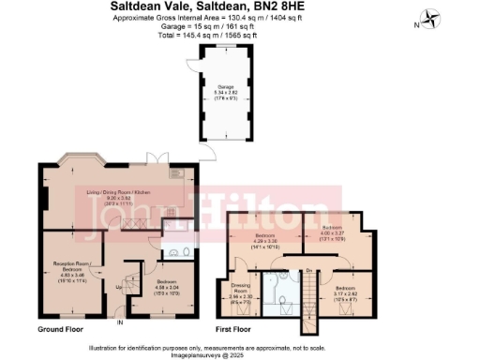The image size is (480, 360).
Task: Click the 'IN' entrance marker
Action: (119, 323)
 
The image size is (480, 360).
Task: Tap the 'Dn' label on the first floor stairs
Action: (309, 272)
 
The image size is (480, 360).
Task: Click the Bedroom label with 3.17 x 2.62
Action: (343, 295)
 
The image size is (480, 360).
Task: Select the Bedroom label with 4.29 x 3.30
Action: (263, 243)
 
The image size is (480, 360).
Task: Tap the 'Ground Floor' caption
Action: (64, 330)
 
